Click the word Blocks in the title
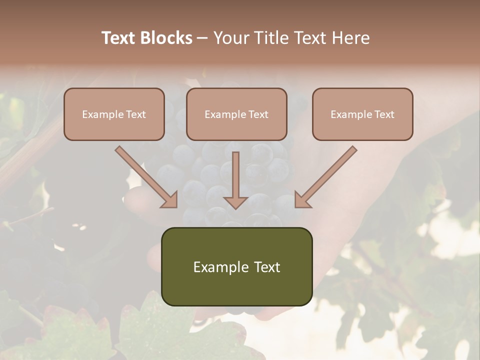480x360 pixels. tap(166, 38)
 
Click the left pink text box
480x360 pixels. tap(114, 114)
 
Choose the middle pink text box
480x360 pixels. tap(236, 114)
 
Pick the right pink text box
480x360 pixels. tap(362, 114)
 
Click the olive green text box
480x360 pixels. tap(236, 266)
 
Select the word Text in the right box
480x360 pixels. tap(384, 114)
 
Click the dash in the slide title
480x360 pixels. tap(202, 38)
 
